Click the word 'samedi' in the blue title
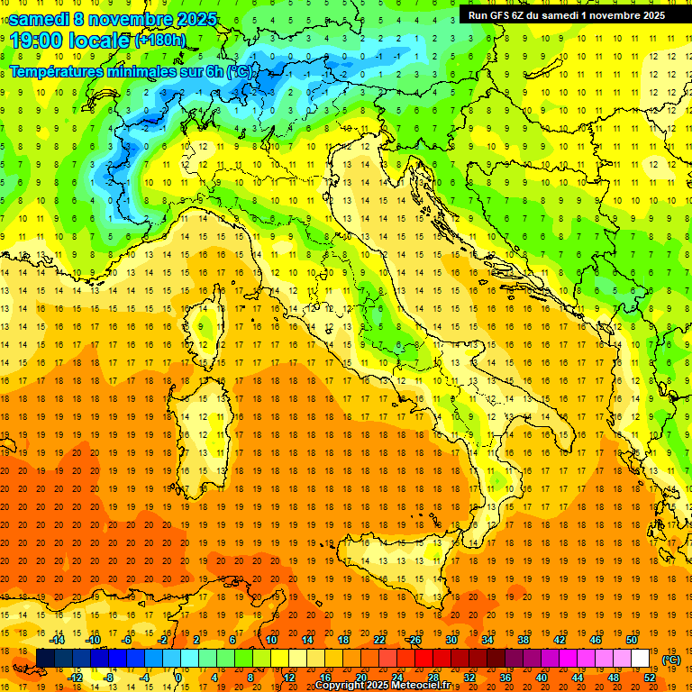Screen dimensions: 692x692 (39, 19)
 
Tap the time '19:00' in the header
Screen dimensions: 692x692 (37, 40)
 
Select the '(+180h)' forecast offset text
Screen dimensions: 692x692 (160, 40)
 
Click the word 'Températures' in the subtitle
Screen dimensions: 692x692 (55, 71)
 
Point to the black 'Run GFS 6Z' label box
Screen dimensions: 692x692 (566, 14)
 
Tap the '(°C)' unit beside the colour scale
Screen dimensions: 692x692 (671, 660)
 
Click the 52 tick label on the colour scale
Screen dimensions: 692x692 (650, 678)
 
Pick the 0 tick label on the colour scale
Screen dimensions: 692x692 (178, 678)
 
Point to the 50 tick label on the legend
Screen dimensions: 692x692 (632, 640)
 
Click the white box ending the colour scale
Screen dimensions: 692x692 (641, 659)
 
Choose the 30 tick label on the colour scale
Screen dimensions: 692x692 (451, 640)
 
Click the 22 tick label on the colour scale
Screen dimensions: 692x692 (378, 640)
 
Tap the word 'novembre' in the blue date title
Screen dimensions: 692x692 (117, 19)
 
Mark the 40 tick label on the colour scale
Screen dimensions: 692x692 (541, 678)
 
